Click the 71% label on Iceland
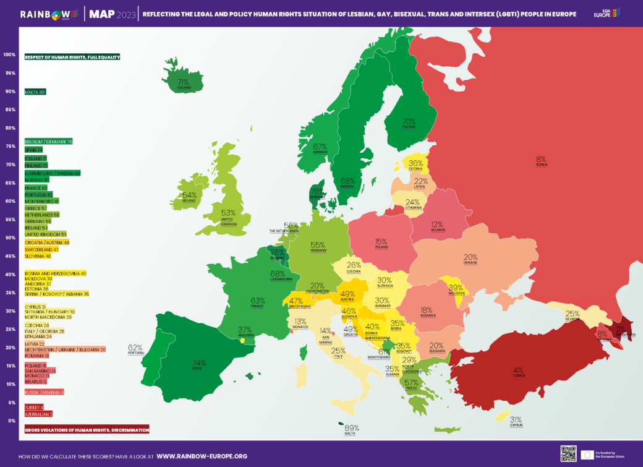point(183,82)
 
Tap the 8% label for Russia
point(541,159)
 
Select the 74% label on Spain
point(199,363)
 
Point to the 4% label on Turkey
point(518,371)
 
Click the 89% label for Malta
point(352,428)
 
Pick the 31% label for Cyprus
point(516,419)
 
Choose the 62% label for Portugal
point(135,348)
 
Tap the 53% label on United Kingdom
point(229,213)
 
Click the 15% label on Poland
point(380,242)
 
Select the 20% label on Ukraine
point(471,257)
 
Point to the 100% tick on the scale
point(9,54)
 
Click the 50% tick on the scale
point(10,238)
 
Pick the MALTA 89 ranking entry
point(35,92)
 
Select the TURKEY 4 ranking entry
point(35,408)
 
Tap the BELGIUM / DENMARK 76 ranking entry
point(48,142)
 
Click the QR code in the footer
point(568,453)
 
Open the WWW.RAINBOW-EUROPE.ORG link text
point(202,456)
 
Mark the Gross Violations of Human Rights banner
point(87,429)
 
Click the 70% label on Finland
point(409,122)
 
